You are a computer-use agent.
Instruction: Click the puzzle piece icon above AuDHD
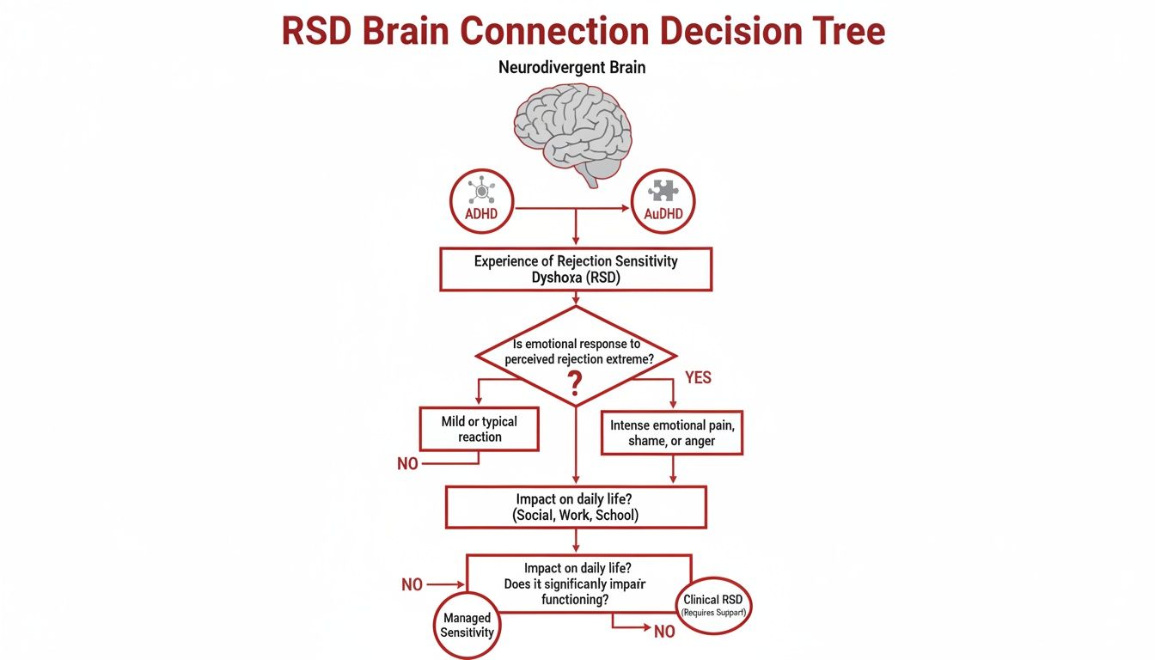tap(663, 191)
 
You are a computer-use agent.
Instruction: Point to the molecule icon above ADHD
tap(481, 191)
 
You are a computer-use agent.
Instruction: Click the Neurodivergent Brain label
tap(571, 67)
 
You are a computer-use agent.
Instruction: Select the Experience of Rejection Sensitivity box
tap(576, 269)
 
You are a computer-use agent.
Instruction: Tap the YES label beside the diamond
tap(698, 378)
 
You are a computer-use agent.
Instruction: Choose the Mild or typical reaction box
tap(480, 429)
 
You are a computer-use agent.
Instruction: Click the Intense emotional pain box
tap(671, 432)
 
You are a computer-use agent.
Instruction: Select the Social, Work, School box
tap(576, 507)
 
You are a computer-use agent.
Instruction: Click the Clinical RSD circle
tap(714, 605)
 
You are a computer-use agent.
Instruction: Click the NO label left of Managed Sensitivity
tap(412, 585)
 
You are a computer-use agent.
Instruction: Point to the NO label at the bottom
tap(664, 632)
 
